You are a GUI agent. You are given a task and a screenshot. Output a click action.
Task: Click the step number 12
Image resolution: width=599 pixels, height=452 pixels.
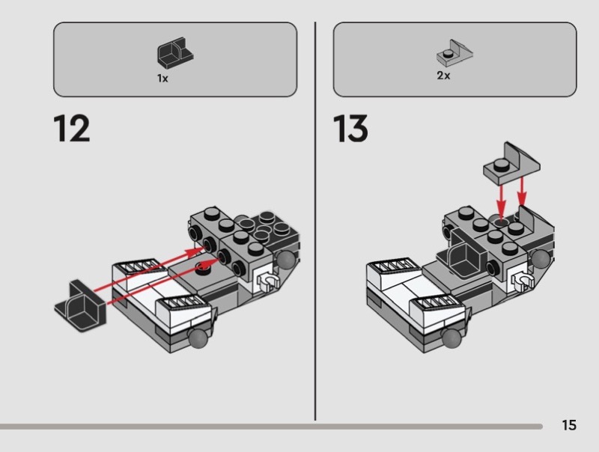[72, 129]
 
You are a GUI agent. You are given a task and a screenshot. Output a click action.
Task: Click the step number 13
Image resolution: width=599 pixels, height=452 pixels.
[350, 129]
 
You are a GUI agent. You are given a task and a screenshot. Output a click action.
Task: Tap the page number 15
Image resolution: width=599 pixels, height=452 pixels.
[569, 426]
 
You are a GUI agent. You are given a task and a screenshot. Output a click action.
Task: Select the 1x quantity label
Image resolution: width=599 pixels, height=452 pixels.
[162, 79]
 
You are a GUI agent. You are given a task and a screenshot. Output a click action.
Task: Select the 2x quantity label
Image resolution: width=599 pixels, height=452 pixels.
[443, 76]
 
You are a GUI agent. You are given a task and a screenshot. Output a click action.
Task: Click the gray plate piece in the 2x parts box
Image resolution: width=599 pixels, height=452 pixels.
[455, 54]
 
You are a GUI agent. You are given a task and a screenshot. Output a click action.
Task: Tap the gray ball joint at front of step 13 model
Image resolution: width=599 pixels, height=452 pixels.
[452, 338]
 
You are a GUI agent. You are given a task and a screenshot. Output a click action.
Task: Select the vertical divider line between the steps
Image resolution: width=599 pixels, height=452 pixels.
[314, 225]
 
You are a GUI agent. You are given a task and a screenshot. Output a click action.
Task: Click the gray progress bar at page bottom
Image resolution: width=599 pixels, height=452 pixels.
[270, 427]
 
